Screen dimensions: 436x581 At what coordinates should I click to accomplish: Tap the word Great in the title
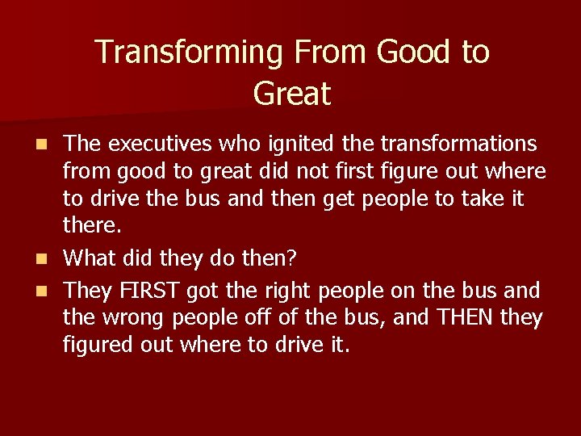point(291,93)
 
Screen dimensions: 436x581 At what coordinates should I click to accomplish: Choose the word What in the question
point(90,258)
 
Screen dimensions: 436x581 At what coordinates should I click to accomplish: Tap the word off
point(255,317)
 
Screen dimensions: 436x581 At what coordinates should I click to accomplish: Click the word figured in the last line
point(98,346)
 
